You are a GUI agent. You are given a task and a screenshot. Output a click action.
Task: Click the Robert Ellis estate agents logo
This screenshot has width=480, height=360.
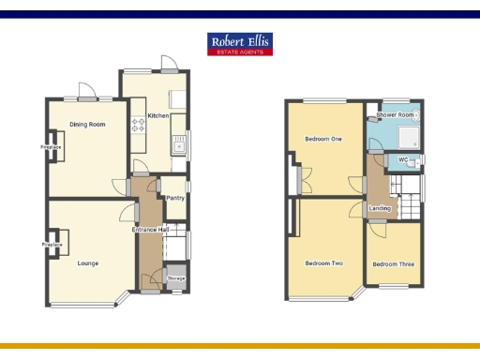point(240,44)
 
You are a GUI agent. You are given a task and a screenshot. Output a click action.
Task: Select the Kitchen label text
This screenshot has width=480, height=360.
point(157,115)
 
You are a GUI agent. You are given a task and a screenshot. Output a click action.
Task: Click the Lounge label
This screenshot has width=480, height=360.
point(88,263)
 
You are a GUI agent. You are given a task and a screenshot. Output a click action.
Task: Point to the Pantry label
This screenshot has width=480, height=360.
point(174,198)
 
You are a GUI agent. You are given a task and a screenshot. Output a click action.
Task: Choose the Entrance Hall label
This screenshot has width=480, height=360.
point(150,230)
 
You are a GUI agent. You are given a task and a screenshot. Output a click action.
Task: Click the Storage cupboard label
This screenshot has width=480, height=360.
point(176,278)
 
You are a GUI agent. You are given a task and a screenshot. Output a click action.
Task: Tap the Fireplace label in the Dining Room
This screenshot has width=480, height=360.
point(51,147)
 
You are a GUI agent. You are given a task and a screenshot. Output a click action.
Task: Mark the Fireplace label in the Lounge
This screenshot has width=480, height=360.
point(52,245)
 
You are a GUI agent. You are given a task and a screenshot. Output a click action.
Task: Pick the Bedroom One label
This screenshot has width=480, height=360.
point(323,140)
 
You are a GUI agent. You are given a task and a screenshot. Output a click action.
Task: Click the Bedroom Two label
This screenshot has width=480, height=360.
point(323,263)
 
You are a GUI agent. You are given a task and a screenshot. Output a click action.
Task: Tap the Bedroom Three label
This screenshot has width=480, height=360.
point(392,264)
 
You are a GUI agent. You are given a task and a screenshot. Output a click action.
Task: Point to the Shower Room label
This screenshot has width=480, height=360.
point(395,115)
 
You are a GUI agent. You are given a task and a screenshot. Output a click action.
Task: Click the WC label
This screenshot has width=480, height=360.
point(403,160)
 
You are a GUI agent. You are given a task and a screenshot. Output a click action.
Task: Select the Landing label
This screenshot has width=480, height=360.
point(380,208)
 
